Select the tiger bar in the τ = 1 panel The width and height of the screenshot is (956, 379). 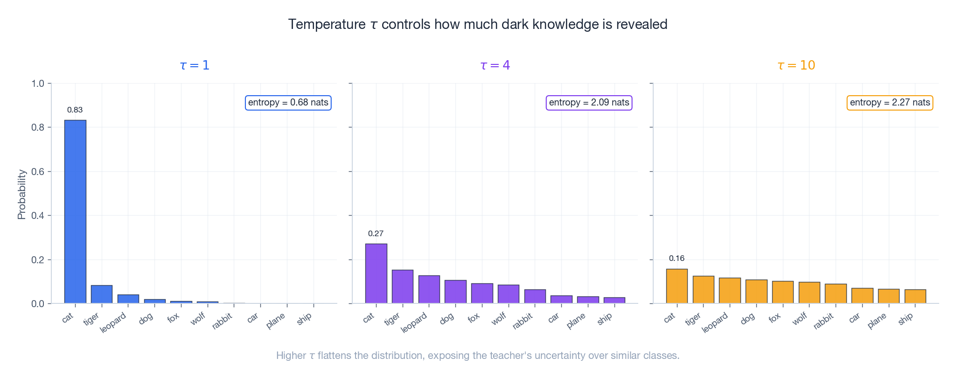102,294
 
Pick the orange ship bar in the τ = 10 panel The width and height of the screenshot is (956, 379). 915,296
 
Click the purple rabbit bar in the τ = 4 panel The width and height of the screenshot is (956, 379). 535,296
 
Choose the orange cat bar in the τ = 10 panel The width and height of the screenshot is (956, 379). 677,286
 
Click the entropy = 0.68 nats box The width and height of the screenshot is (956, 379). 288,103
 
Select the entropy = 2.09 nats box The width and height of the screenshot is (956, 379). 589,103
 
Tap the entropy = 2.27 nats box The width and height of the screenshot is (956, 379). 890,103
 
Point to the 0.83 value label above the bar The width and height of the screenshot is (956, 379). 75,110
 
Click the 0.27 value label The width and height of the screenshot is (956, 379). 376,234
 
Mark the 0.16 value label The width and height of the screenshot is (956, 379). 677,259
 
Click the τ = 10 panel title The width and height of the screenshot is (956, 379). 796,65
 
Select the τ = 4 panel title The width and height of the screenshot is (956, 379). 495,65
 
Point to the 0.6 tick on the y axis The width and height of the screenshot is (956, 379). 38,172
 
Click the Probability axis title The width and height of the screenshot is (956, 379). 21,194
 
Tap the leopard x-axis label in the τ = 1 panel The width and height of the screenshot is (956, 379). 113,323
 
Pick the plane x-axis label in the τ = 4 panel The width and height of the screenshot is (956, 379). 576,321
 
